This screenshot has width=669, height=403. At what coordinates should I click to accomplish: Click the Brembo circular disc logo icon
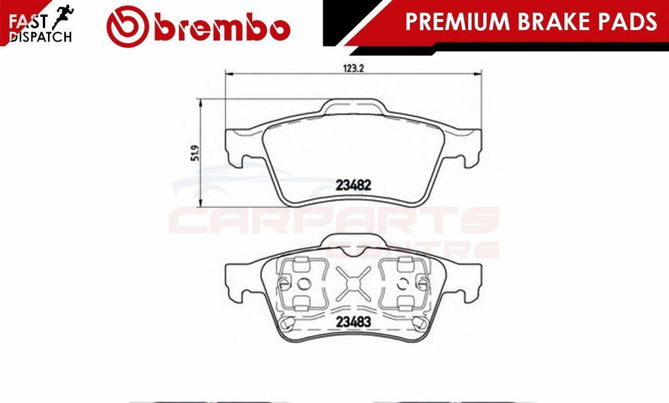click(127, 26)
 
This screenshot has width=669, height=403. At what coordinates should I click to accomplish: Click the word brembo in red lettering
click(223, 27)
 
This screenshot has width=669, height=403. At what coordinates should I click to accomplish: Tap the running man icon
click(63, 17)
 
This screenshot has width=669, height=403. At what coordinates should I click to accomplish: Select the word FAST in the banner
click(27, 21)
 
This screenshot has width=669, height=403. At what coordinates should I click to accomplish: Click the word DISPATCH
click(41, 37)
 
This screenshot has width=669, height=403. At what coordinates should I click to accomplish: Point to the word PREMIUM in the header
click(458, 21)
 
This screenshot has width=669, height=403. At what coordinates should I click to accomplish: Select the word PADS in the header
click(630, 21)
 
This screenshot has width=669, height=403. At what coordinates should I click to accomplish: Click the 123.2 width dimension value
click(354, 68)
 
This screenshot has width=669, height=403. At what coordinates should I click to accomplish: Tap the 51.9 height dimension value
click(195, 154)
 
